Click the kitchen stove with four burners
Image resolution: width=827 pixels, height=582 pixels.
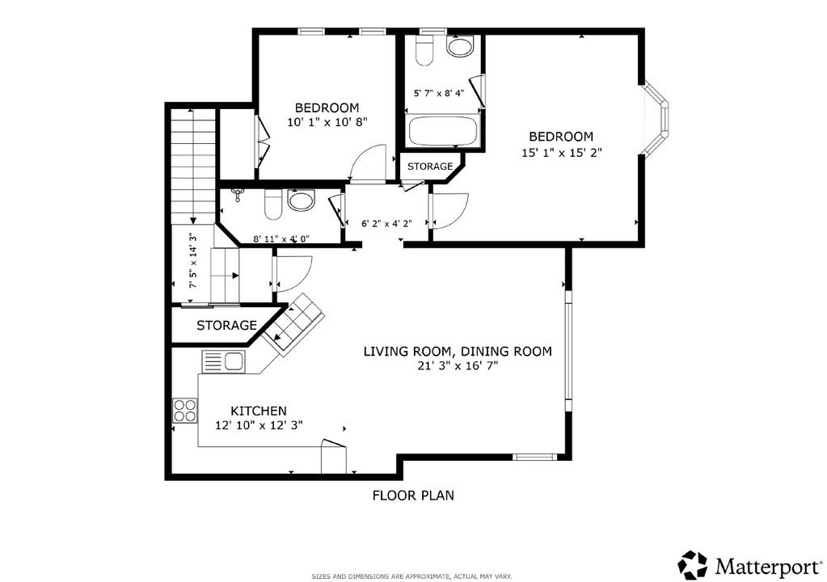click(x=185, y=411)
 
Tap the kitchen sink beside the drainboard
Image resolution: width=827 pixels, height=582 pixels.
click(x=234, y=361)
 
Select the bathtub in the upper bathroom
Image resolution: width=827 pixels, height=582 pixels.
click(x=443, y=131)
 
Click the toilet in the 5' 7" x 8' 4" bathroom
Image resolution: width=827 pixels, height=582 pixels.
click(x=424, y=51)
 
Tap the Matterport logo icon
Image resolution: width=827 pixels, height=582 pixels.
click(x=692, y=564)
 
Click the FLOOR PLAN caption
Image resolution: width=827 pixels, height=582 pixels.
click(x=413, y=496)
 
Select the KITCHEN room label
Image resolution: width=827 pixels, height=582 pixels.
click(x=259, y=411)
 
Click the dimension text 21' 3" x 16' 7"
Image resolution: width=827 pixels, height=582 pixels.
click(x=458, y=365)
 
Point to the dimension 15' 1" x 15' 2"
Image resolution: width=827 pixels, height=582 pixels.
click(x=562, y=153)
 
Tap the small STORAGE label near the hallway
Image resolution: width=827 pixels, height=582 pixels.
click(x=430, y=167)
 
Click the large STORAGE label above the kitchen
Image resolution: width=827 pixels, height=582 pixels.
click(x=227, y=325)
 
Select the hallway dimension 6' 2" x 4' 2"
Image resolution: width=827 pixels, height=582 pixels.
click(x=386, y=224)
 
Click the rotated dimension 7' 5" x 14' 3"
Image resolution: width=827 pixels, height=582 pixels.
click(x=193, y=260)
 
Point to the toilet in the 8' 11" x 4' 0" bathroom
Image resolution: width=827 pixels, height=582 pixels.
click(x=273, y=205)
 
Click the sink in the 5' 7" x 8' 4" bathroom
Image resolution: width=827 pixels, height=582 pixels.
click(x=461, y=46)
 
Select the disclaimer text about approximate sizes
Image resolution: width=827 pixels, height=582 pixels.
click(x=411, y=576)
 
